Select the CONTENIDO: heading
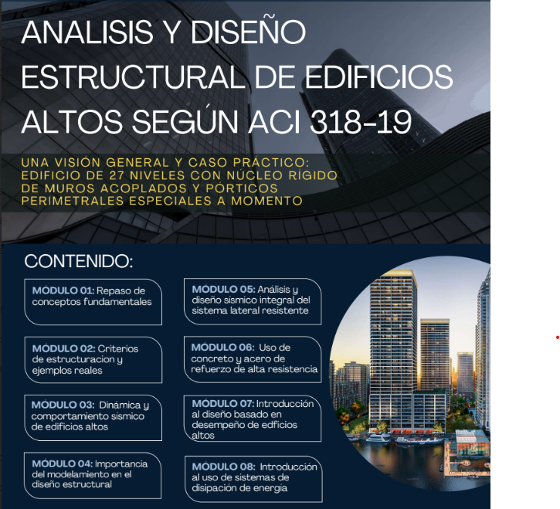click(x=79, y=261)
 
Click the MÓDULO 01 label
click(x=63, y=290)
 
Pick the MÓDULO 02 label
click(x=63, y=348)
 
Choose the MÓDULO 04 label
click(x=63, y=463)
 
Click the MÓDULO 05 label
click(x=222, y=289)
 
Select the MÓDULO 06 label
click(x=222, y=348)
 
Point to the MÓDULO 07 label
click(x=222, y=404)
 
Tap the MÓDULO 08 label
click(x=223, y=467)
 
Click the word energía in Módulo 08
click(x=270, y=487)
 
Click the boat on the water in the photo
click(x=378, y=439)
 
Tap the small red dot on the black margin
click(x=556, y=337)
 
